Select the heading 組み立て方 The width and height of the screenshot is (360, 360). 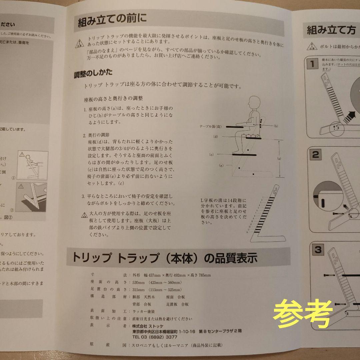pos(331,30)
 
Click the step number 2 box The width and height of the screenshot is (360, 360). pos(315,155)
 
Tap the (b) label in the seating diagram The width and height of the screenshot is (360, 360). pos(275,126)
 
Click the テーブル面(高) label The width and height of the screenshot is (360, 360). pos(210,127)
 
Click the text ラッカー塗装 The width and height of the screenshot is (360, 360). pos(144,311)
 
